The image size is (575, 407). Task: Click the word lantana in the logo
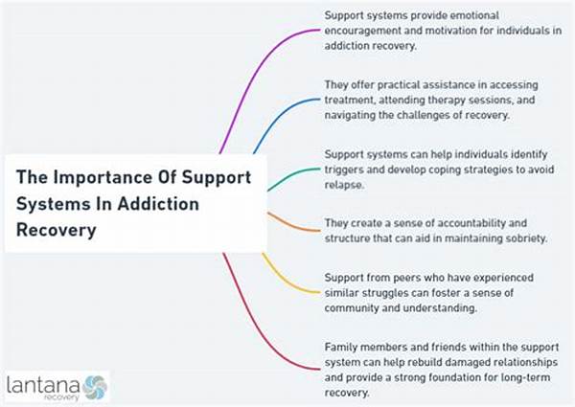pyautogui.click(x=39, y=385)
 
